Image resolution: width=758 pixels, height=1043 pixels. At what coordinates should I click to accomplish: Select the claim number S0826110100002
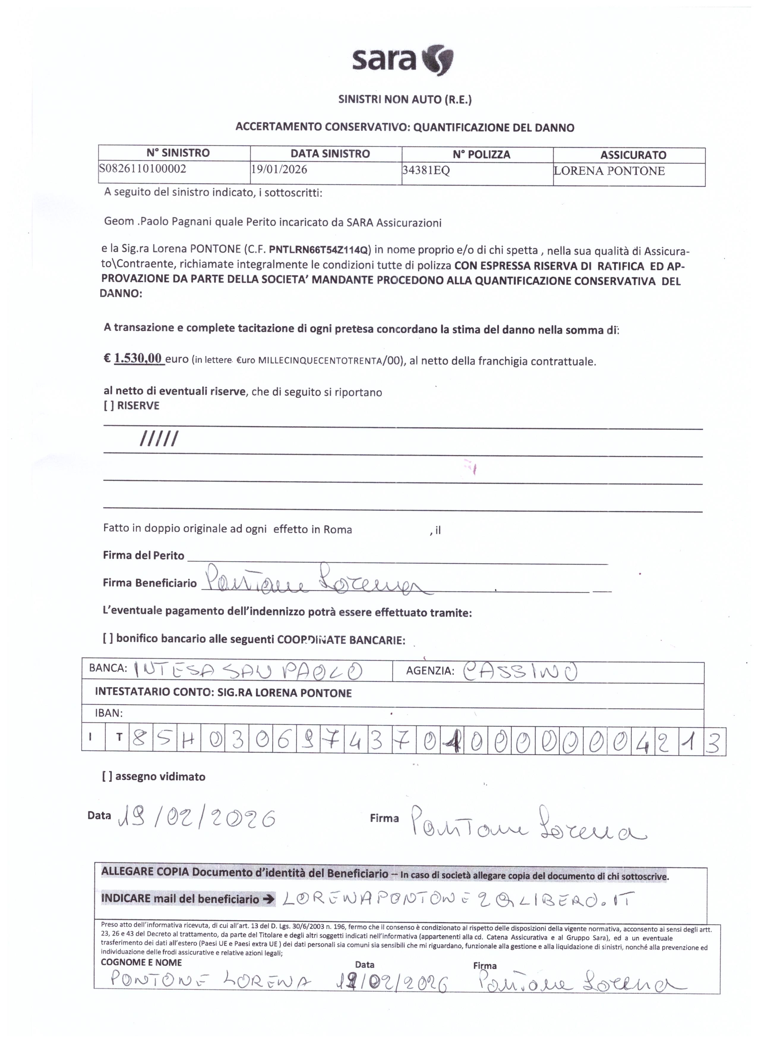[x=143, y=169]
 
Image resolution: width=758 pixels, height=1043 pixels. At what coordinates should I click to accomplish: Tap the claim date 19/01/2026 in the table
[x=279, y=169]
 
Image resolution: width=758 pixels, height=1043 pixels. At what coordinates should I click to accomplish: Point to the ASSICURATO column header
[x=633, y=155]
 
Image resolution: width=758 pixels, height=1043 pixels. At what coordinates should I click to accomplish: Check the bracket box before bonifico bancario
[x=108, y=638]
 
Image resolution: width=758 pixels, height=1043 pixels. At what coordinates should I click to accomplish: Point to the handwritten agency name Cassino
[x=519, y=672]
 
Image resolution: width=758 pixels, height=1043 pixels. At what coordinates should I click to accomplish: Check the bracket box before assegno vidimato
[x=108, y=776]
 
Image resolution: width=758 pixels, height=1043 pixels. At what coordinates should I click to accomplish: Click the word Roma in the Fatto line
[x=338, y=529]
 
